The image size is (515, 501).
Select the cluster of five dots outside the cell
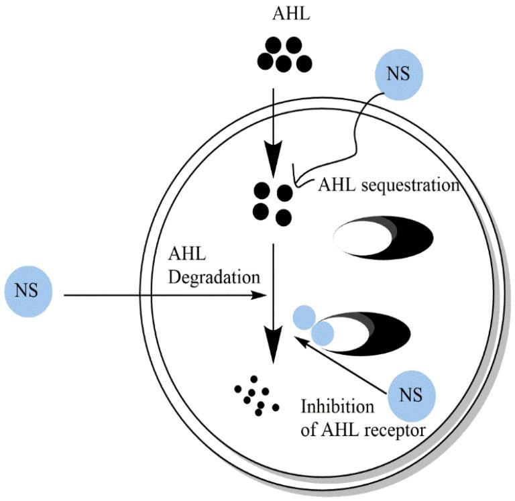(284, 55)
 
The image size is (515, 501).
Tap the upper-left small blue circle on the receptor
(305, 317)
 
